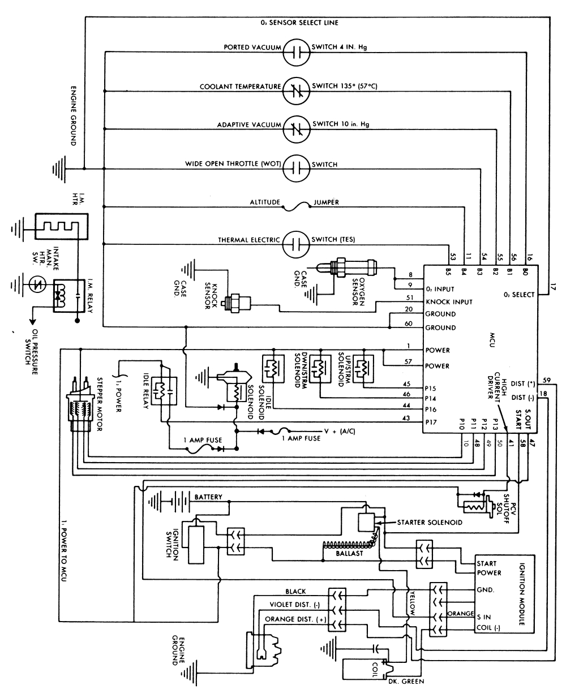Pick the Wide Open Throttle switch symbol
pyautogui.click(x=297, y=165)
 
